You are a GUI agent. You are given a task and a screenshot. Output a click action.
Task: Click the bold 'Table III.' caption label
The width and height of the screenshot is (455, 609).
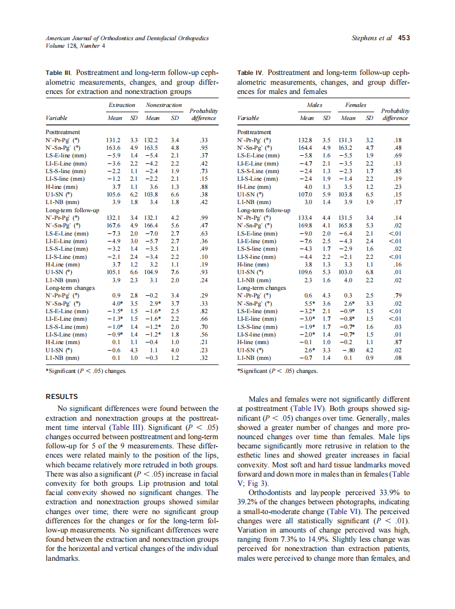pos(59,72)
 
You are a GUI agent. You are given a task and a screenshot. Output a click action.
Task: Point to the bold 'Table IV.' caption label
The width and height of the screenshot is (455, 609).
pos(251,72)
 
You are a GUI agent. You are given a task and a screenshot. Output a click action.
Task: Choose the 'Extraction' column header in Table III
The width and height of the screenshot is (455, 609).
pos(122,105)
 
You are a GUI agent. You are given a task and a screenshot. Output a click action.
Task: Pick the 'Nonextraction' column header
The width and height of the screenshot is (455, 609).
pos(163,105)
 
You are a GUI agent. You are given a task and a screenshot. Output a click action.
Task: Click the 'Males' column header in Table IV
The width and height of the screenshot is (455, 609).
pos(314,105)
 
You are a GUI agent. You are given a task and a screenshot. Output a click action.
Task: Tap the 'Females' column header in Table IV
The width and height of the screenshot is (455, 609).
pos(356,105)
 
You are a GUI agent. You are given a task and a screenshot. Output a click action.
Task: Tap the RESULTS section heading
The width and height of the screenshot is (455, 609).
pos(61,397)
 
